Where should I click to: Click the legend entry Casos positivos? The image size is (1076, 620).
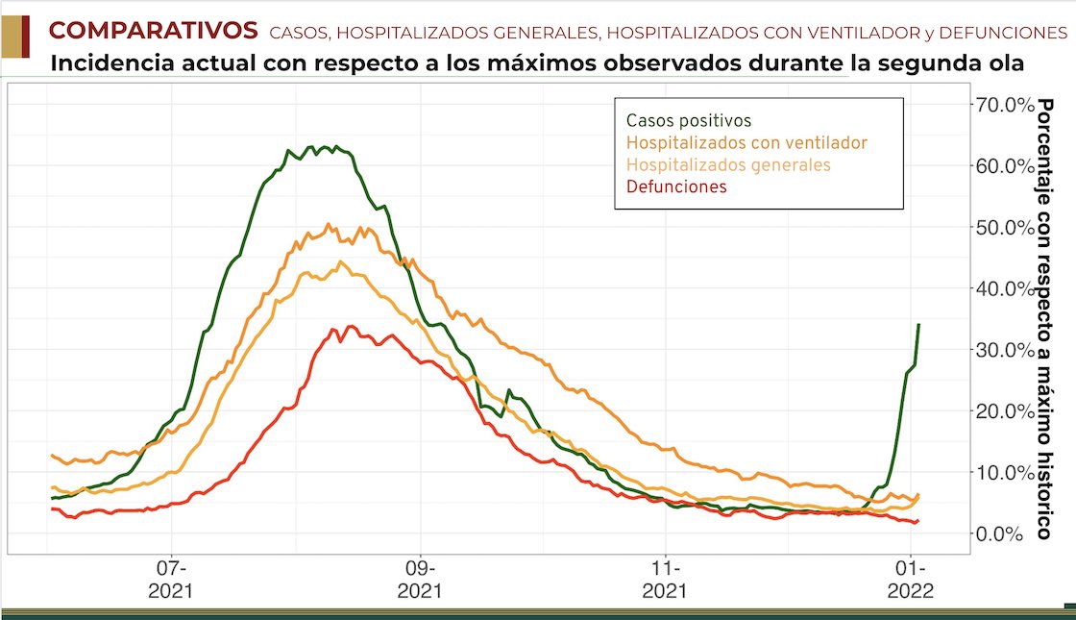[688, 121]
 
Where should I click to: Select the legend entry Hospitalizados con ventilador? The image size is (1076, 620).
[746, 143]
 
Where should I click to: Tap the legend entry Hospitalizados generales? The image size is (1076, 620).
[728, 165]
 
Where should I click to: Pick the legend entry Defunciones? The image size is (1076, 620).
[676, 187]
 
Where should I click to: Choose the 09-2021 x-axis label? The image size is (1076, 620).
[420, 578]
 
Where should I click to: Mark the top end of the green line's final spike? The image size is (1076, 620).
[919, 324]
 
